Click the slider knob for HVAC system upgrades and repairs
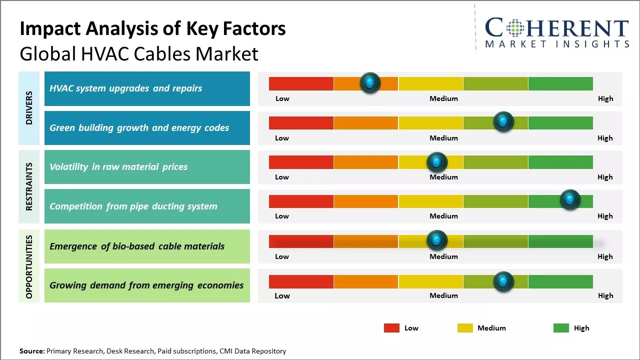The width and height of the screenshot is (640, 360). click(x=370, y=83)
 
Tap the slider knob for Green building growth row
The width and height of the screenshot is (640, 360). click(x=503, y=122)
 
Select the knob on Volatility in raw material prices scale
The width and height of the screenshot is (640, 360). click(x=436, y=162)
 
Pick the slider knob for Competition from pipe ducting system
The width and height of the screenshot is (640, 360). click(x=569, y=200)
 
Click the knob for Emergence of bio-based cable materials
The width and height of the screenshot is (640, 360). click(x=436, y=240)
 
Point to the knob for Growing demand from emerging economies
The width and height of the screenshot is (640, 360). click(x=503, y=281)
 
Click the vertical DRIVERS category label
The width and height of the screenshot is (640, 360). click(x=29, y=107)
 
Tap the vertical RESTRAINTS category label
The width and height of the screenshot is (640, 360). click(x=29, y=186)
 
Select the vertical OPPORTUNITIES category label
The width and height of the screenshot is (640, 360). click(x=29, y=266)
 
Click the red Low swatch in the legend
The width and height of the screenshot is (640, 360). click(x=391, y=328)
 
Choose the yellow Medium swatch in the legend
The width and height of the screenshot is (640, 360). click(x=465, y=328)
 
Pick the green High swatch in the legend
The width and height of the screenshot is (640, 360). click(x=561, y=328)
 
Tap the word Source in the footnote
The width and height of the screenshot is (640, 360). click(x=31, y=351)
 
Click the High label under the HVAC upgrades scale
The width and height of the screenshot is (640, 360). click(x=605, y=98)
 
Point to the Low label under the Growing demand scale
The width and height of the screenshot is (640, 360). click(x=282, y=295)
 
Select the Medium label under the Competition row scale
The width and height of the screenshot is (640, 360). click(x=443, y=216)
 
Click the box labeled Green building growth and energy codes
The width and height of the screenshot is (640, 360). click(x=147, y=128)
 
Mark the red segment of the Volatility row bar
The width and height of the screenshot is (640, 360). click(x=301, y=162)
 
